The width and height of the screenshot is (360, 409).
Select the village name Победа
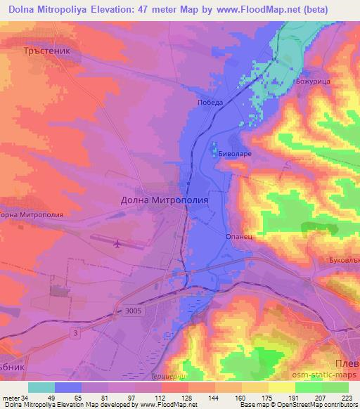tap(210, 103)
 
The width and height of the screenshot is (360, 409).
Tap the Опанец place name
tap(238, 237)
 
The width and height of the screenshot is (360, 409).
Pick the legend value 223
tap(345, 398)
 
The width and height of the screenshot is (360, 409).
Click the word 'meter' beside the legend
tap(11, 398)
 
